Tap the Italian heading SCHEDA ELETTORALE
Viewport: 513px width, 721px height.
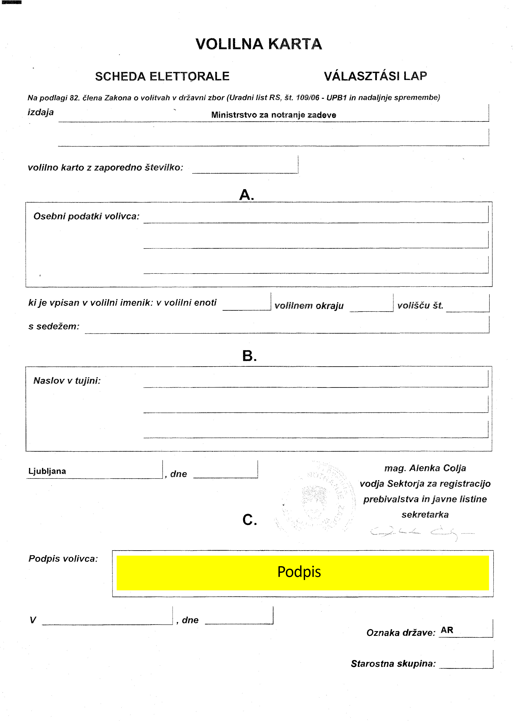click(162, 76)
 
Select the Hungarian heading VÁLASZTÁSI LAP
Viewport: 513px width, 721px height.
click(375, 76)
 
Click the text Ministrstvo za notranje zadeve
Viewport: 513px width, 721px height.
click(273, 115)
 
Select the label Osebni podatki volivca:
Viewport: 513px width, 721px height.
click(86, 216)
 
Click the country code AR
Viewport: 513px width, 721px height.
click(447, 630)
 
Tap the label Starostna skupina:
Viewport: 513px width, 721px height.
click(393, 664)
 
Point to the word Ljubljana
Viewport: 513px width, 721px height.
click(47, 471)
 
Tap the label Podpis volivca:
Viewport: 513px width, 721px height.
click(63, 559)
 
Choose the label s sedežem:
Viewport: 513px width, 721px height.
click(54, 326)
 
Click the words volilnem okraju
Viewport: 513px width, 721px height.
click(309, 306)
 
